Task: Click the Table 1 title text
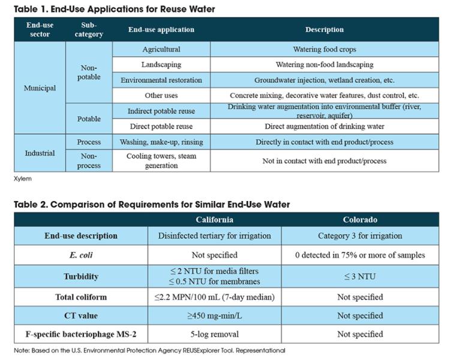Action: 115,9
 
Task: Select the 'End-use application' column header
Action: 161,29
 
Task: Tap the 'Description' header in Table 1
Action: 324,29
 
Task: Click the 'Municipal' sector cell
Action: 40,88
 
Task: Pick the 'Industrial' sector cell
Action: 40,153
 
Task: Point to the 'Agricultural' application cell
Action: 161,49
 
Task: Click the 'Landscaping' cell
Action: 161,65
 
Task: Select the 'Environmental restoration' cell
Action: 161,80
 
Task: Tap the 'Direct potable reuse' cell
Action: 161,127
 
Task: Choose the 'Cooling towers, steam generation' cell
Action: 161,161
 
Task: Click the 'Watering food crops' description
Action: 324,49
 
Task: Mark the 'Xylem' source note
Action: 23,179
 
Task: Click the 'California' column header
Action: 214,220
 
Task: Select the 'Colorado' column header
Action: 360,220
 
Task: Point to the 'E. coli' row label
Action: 81,255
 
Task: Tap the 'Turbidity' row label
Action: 81,277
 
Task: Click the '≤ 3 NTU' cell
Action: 360,277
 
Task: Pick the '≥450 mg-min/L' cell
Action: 214,316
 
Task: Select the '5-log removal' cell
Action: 214,334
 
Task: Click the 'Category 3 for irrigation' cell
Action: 360,236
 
